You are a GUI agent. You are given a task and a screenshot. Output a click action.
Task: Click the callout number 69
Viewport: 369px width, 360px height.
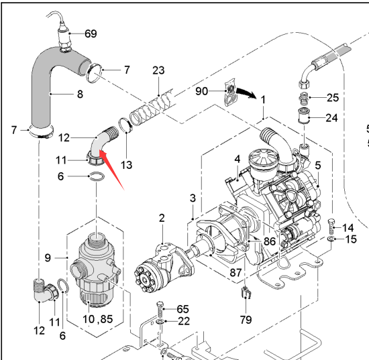pos(91,34)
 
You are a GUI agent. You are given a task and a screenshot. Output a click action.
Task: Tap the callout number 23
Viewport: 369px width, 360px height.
pos(158,70)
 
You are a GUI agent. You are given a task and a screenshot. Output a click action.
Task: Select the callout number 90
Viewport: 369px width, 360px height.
pos(202,91)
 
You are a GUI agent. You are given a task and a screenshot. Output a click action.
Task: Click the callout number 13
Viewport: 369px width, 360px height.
pos(126,165)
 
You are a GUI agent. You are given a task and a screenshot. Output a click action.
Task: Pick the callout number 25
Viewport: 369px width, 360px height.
pos(333,97)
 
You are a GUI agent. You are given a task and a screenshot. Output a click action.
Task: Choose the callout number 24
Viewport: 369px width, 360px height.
pos(331,117)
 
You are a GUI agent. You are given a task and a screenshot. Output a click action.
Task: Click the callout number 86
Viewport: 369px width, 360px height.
pos(270,241)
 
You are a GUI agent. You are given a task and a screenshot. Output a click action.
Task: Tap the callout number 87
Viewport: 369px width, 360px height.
pos(235,273)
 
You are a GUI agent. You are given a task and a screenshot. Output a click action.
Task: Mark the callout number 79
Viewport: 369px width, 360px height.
pos(246,320)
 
